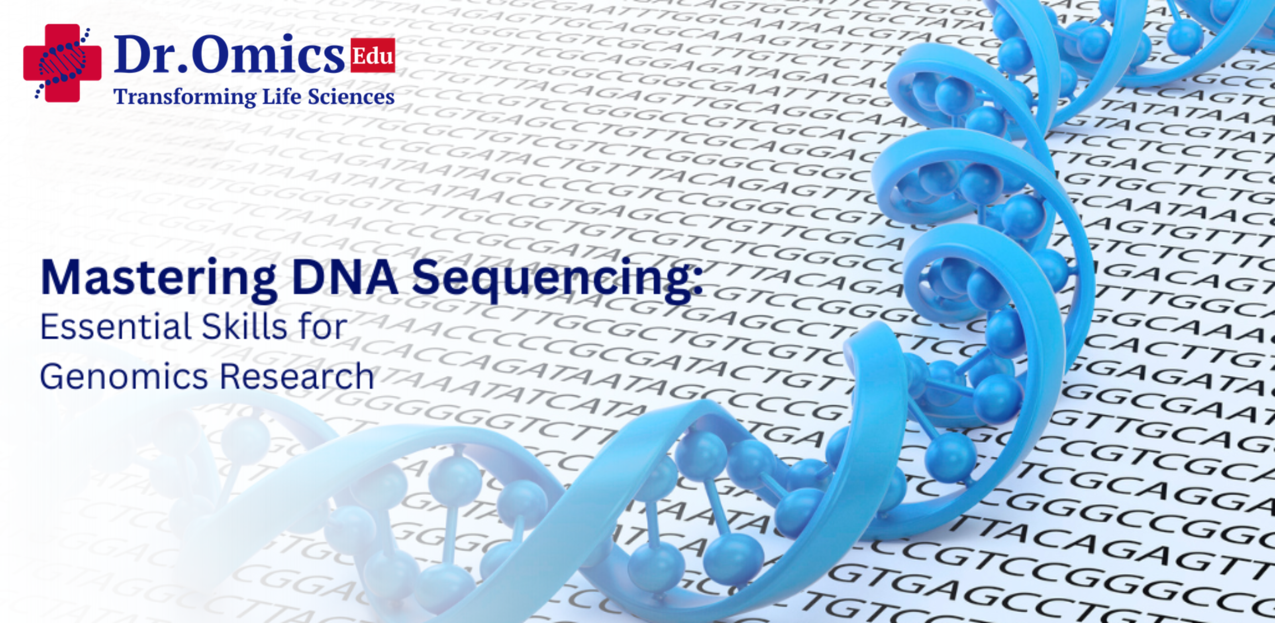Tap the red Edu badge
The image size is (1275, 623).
click(x=373, y=55)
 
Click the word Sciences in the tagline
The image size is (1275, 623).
click(x=351, y=96)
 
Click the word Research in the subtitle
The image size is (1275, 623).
click(x=296, y=376)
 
